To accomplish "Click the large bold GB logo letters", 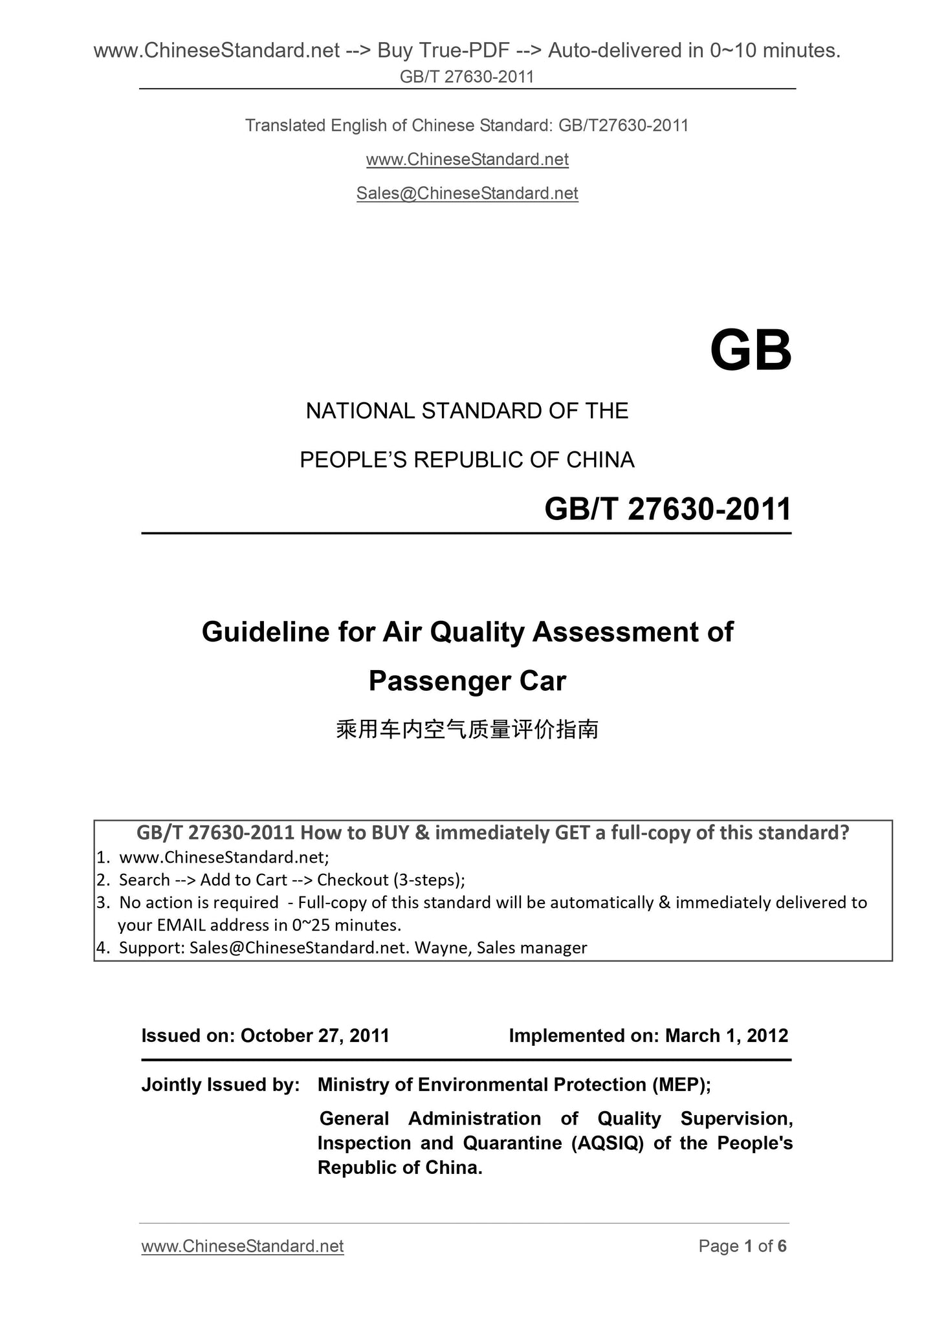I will [x=750, y=351].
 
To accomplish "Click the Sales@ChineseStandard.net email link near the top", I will [x=467, y=193].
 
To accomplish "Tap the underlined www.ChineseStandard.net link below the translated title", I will [x=467, y=159].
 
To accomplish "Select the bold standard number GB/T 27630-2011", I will [x=668, y=509].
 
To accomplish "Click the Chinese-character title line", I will [x=467, y=730].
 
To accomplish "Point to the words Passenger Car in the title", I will [x=467, y=681].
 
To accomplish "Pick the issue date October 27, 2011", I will [x=315, y=1035].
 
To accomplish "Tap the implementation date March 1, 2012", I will [x=727, y=1035].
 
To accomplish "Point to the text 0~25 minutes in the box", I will [x=347, y=924].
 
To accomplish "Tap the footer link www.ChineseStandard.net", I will [x=242, y=1246].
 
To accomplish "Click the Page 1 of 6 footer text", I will [x=742, y=1246].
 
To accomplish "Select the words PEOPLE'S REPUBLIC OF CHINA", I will [x=467, y=460].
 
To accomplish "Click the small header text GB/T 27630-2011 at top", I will [x=467, y=77].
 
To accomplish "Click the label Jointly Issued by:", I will [x=220, y=1085].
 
